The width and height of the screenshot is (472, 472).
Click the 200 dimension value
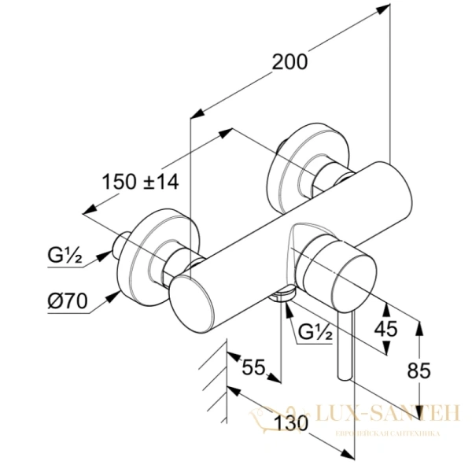(289, 61)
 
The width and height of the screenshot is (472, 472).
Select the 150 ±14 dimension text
(141, 182)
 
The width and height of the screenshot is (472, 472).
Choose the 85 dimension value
(419, 369)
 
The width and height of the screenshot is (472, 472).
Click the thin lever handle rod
(345, 342)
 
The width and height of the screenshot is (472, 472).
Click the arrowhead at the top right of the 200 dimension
(383, 9)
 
